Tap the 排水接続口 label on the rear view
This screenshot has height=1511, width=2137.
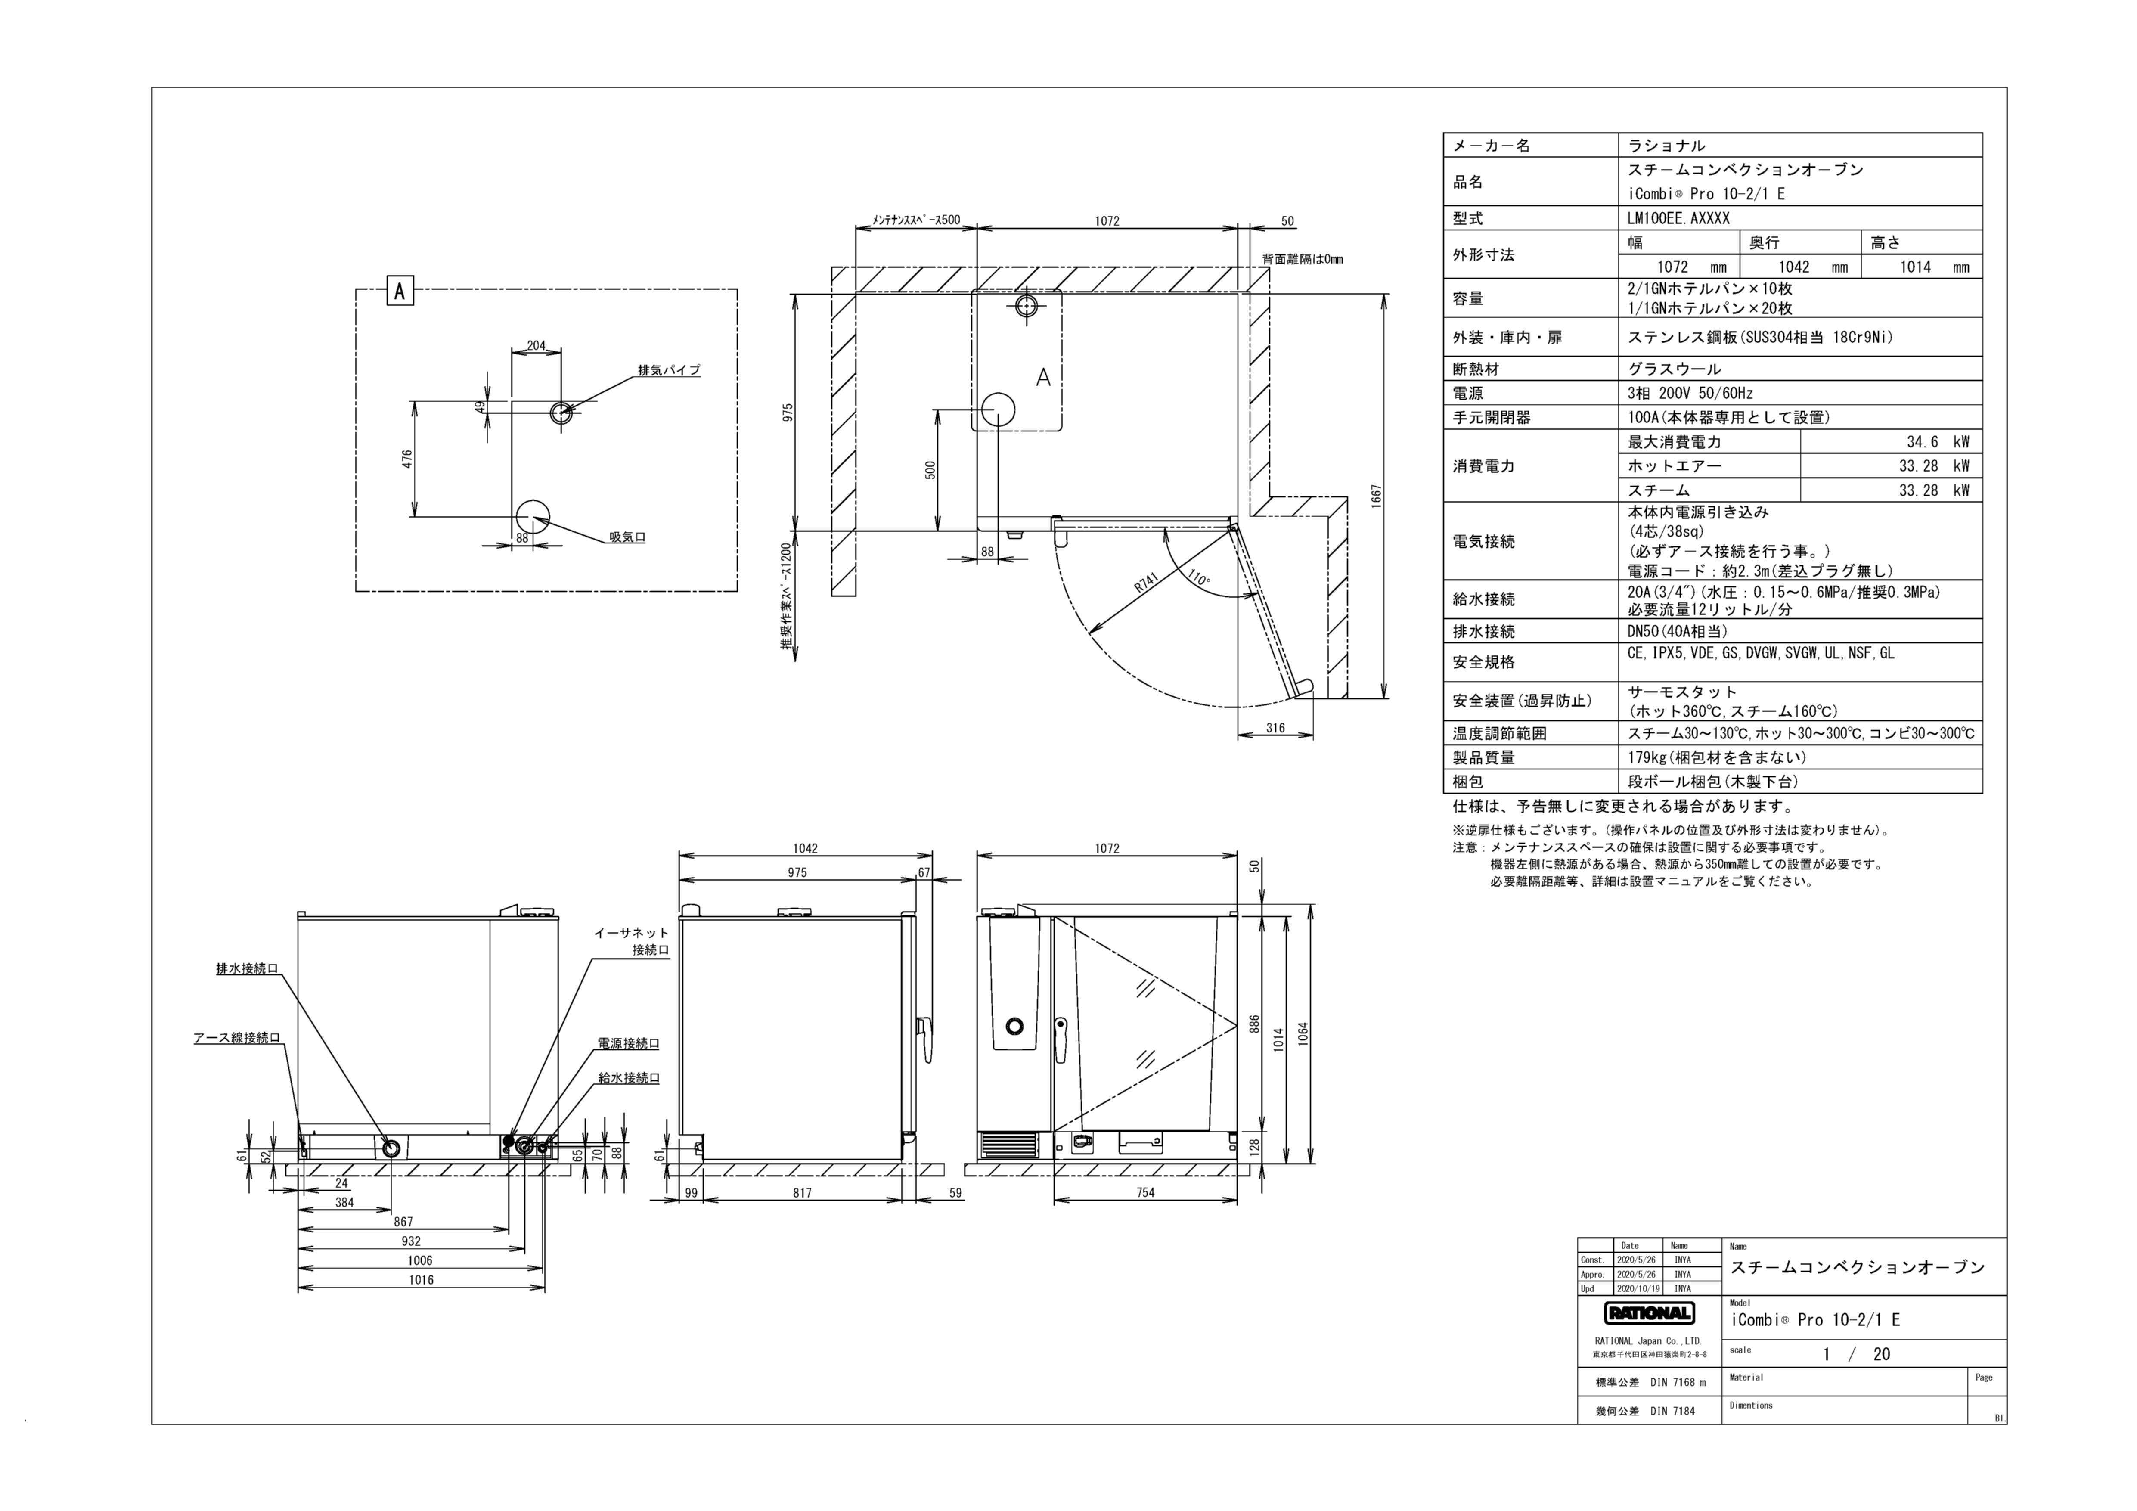pos(247,969)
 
